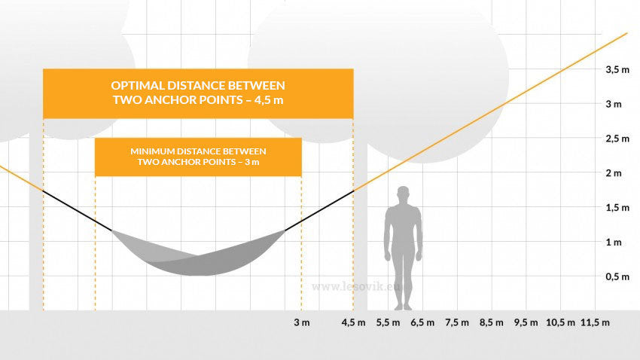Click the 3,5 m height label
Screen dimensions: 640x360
617,70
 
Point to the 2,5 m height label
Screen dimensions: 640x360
617,139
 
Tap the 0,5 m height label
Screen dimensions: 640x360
617,276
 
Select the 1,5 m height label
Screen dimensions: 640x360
617,208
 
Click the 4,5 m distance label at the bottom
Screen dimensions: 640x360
353,322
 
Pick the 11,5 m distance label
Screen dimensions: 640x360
595,322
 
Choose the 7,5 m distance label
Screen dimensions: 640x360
457,322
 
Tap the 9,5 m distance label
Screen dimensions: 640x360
526,322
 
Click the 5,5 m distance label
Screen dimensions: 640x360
389,322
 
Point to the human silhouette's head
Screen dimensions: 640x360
404,194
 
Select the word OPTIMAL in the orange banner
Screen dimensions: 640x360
138,86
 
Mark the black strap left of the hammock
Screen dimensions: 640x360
77,211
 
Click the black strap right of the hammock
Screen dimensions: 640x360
319,210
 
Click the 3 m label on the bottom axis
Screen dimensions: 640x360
302,322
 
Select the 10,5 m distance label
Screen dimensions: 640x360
560,322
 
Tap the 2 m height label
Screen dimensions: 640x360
614,173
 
